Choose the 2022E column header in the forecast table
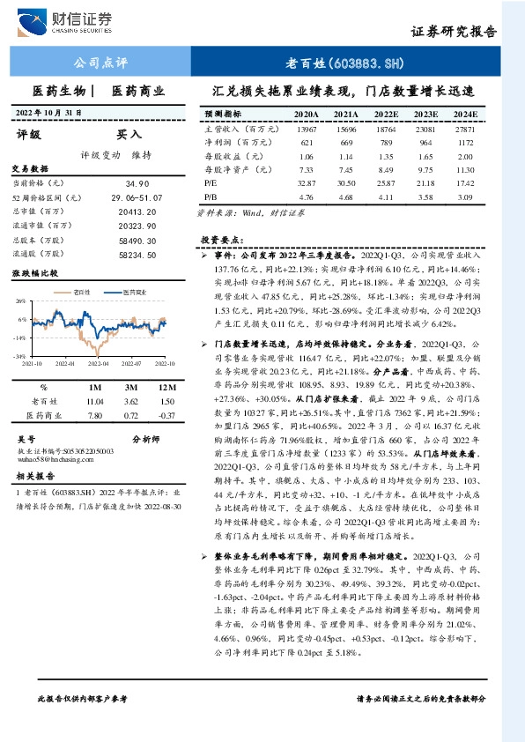point(385,115)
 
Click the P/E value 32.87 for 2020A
point(306,182)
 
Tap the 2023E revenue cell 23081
point(426,129)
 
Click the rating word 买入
point(129,135)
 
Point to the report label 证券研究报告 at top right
point(453,31)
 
